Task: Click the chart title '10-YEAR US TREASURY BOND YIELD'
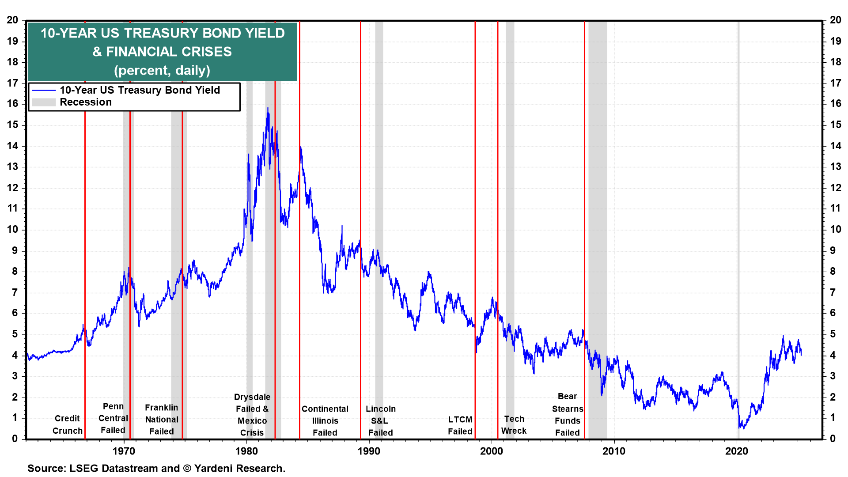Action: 163,33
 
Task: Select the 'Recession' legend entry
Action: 86,102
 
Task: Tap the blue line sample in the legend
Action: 44,90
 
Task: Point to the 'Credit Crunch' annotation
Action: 67,424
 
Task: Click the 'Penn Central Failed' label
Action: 113,418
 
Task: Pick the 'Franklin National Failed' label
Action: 162,420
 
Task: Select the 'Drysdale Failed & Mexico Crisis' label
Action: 252,415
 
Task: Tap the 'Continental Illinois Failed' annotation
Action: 325,421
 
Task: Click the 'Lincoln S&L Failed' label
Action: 381,421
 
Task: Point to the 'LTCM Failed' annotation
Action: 460,425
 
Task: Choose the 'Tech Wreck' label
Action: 514,424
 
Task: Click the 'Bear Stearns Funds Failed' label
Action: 568,415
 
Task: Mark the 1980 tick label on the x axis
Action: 246,451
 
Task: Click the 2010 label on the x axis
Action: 614,451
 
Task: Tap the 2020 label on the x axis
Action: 737,451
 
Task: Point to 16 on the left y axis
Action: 12,104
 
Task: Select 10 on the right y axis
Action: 836,229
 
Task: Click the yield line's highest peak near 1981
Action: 268,108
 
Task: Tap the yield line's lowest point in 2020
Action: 740,428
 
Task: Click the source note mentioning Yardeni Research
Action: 156,468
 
